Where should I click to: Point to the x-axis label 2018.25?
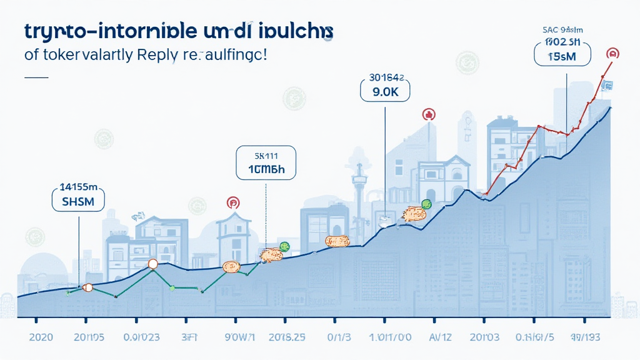click(x=286, y=337)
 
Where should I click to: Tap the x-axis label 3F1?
click(x=190, y=337)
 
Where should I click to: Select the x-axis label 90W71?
click(x=240, y=337)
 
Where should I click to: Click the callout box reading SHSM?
click(x=77, y=201)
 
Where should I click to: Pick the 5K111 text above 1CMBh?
click(x=266, y=153)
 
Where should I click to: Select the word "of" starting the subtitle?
click(x=31, y=54)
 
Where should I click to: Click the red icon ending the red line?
click(x=614, y=53)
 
